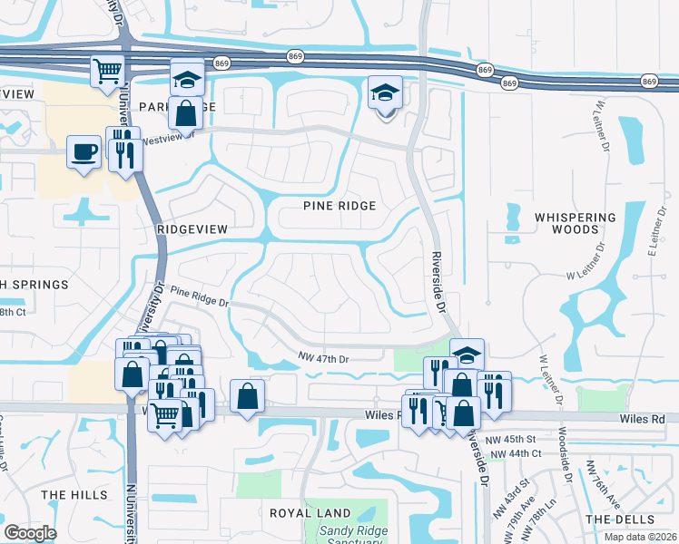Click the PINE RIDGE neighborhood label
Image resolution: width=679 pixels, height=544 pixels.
click(x=339, y=206)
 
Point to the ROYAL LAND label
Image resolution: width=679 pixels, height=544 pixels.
click(x=304, y=512)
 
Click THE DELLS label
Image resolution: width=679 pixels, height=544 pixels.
click(x=619, y=520)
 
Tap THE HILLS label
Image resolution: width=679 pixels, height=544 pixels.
click(x=67, y=494)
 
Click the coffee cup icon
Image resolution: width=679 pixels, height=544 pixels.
click(x=84, y=151)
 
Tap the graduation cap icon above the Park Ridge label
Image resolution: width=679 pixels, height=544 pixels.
click(x=187, y=79)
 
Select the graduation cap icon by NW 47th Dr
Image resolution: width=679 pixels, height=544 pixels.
click(x=467, y=354)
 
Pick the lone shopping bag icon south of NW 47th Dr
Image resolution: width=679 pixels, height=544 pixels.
click(x=248, y=395)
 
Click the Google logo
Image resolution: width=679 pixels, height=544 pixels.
click(x=30, y=533)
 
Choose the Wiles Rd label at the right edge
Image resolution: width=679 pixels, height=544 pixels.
click(x=645, y=420)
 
